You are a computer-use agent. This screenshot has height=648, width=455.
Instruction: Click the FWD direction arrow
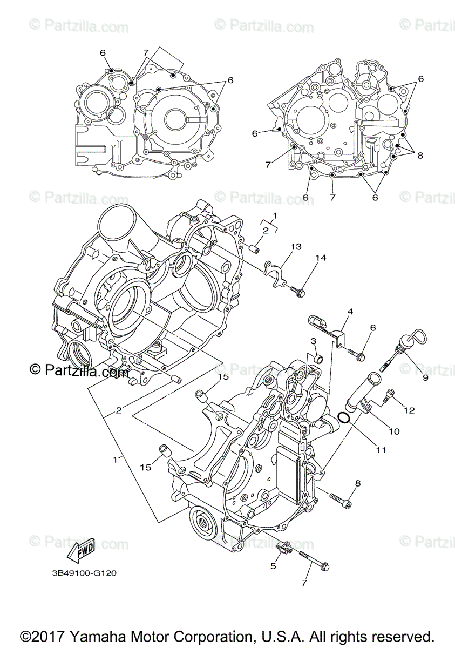tap(79, 550)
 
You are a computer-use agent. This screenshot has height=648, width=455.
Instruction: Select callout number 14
tap(321, 259)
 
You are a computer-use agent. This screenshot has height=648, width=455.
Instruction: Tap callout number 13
tap(295, 247)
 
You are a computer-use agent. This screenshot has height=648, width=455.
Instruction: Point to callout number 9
tap(425, 377)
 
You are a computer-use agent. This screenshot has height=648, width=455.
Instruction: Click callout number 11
tap(381, 449)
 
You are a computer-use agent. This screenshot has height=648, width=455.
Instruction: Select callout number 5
tap(273, 566)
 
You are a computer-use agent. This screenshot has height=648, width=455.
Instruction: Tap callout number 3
tap(313, 341)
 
